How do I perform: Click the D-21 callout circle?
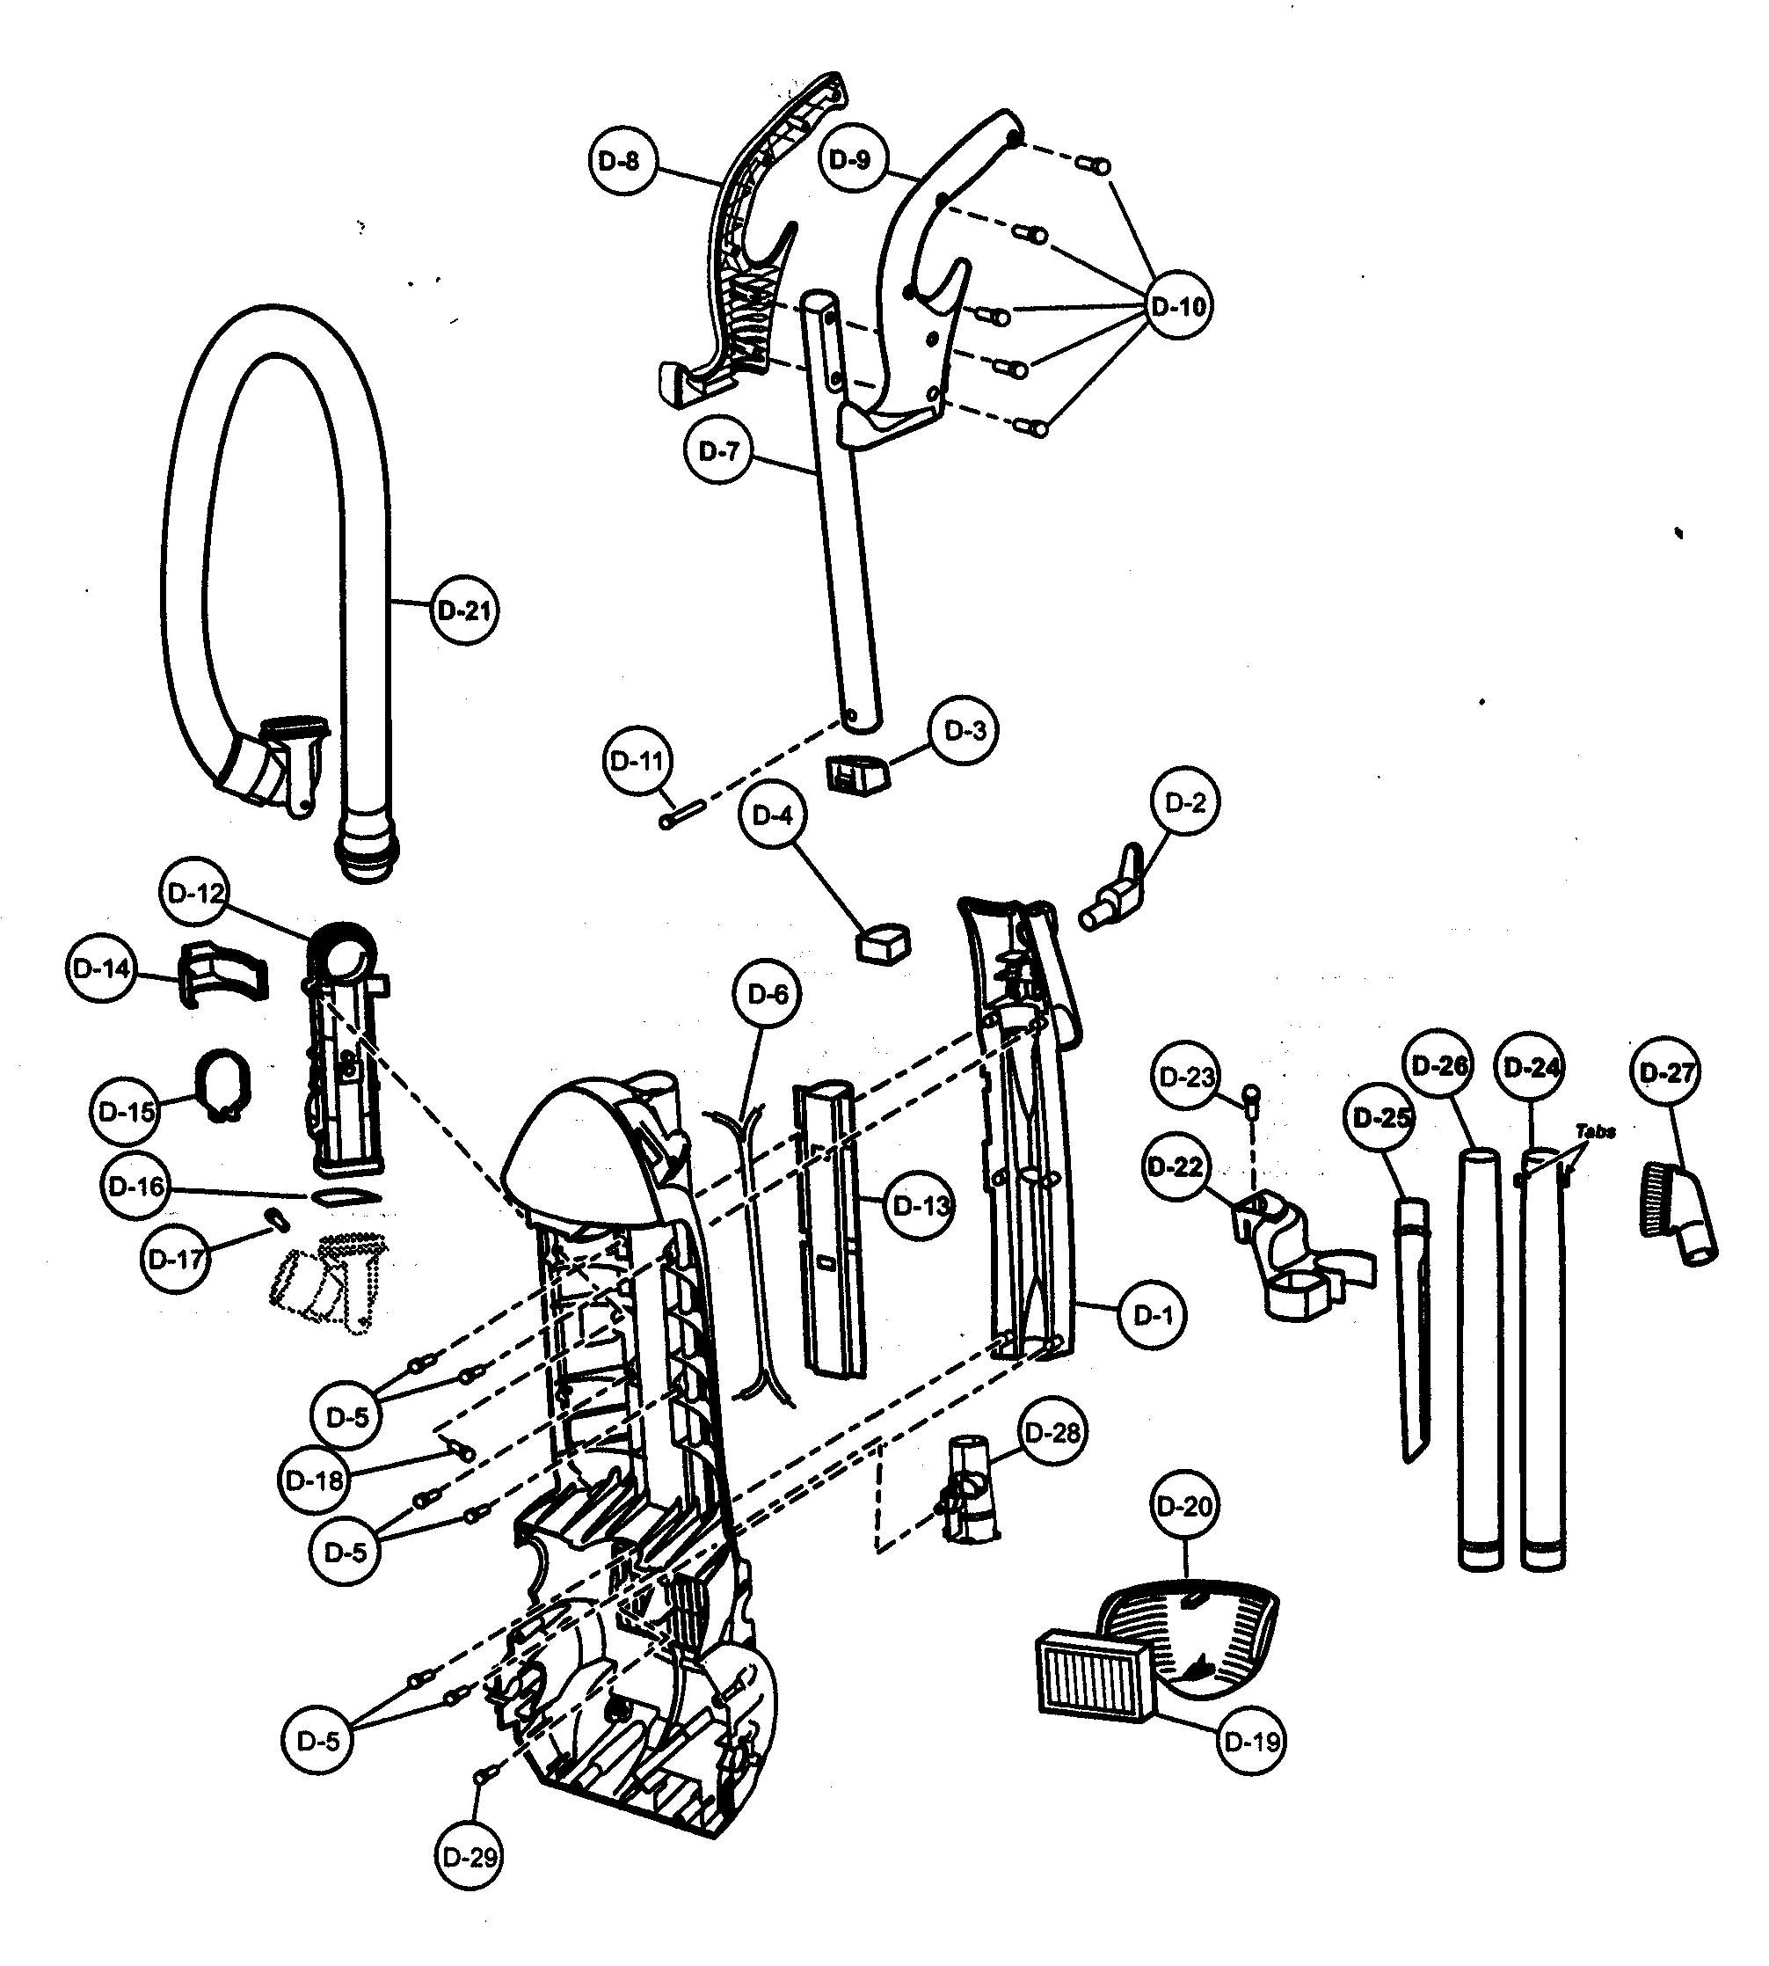coord(463,610)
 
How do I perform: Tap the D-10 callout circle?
coord(1177,306)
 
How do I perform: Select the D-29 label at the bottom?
coord(469,1858)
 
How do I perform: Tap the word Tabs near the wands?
coord(1595,1131)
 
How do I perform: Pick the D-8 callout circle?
coord(623,161)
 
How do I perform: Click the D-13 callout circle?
coord(920,1207)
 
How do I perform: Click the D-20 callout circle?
coord(1185,1507)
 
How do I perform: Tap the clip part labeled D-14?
coord(222,971)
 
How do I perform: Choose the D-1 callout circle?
coord(1153,1316)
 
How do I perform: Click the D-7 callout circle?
coord(719,451)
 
